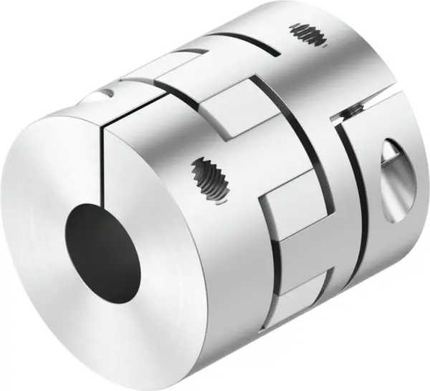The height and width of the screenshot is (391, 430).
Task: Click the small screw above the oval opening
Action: [353, 109]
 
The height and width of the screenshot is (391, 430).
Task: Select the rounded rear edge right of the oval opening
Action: [419, 187]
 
